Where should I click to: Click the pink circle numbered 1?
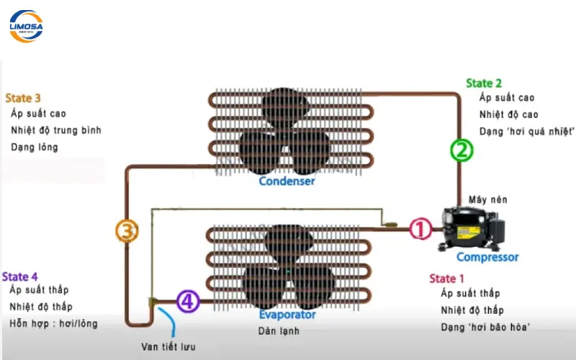420,230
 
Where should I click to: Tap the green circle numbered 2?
462,150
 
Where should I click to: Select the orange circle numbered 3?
127,231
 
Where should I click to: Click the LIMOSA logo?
26,25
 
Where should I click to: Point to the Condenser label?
287,181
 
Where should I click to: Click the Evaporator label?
287,315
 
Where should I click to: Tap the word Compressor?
487,257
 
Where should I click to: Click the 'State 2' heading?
484,83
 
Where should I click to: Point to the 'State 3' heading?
23,98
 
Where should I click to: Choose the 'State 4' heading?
20,276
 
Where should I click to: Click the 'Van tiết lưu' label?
170,346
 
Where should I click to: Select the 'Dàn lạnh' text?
279,331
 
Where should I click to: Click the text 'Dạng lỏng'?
35,147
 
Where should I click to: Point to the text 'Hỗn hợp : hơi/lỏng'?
53,323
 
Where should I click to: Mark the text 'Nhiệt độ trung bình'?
56,130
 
